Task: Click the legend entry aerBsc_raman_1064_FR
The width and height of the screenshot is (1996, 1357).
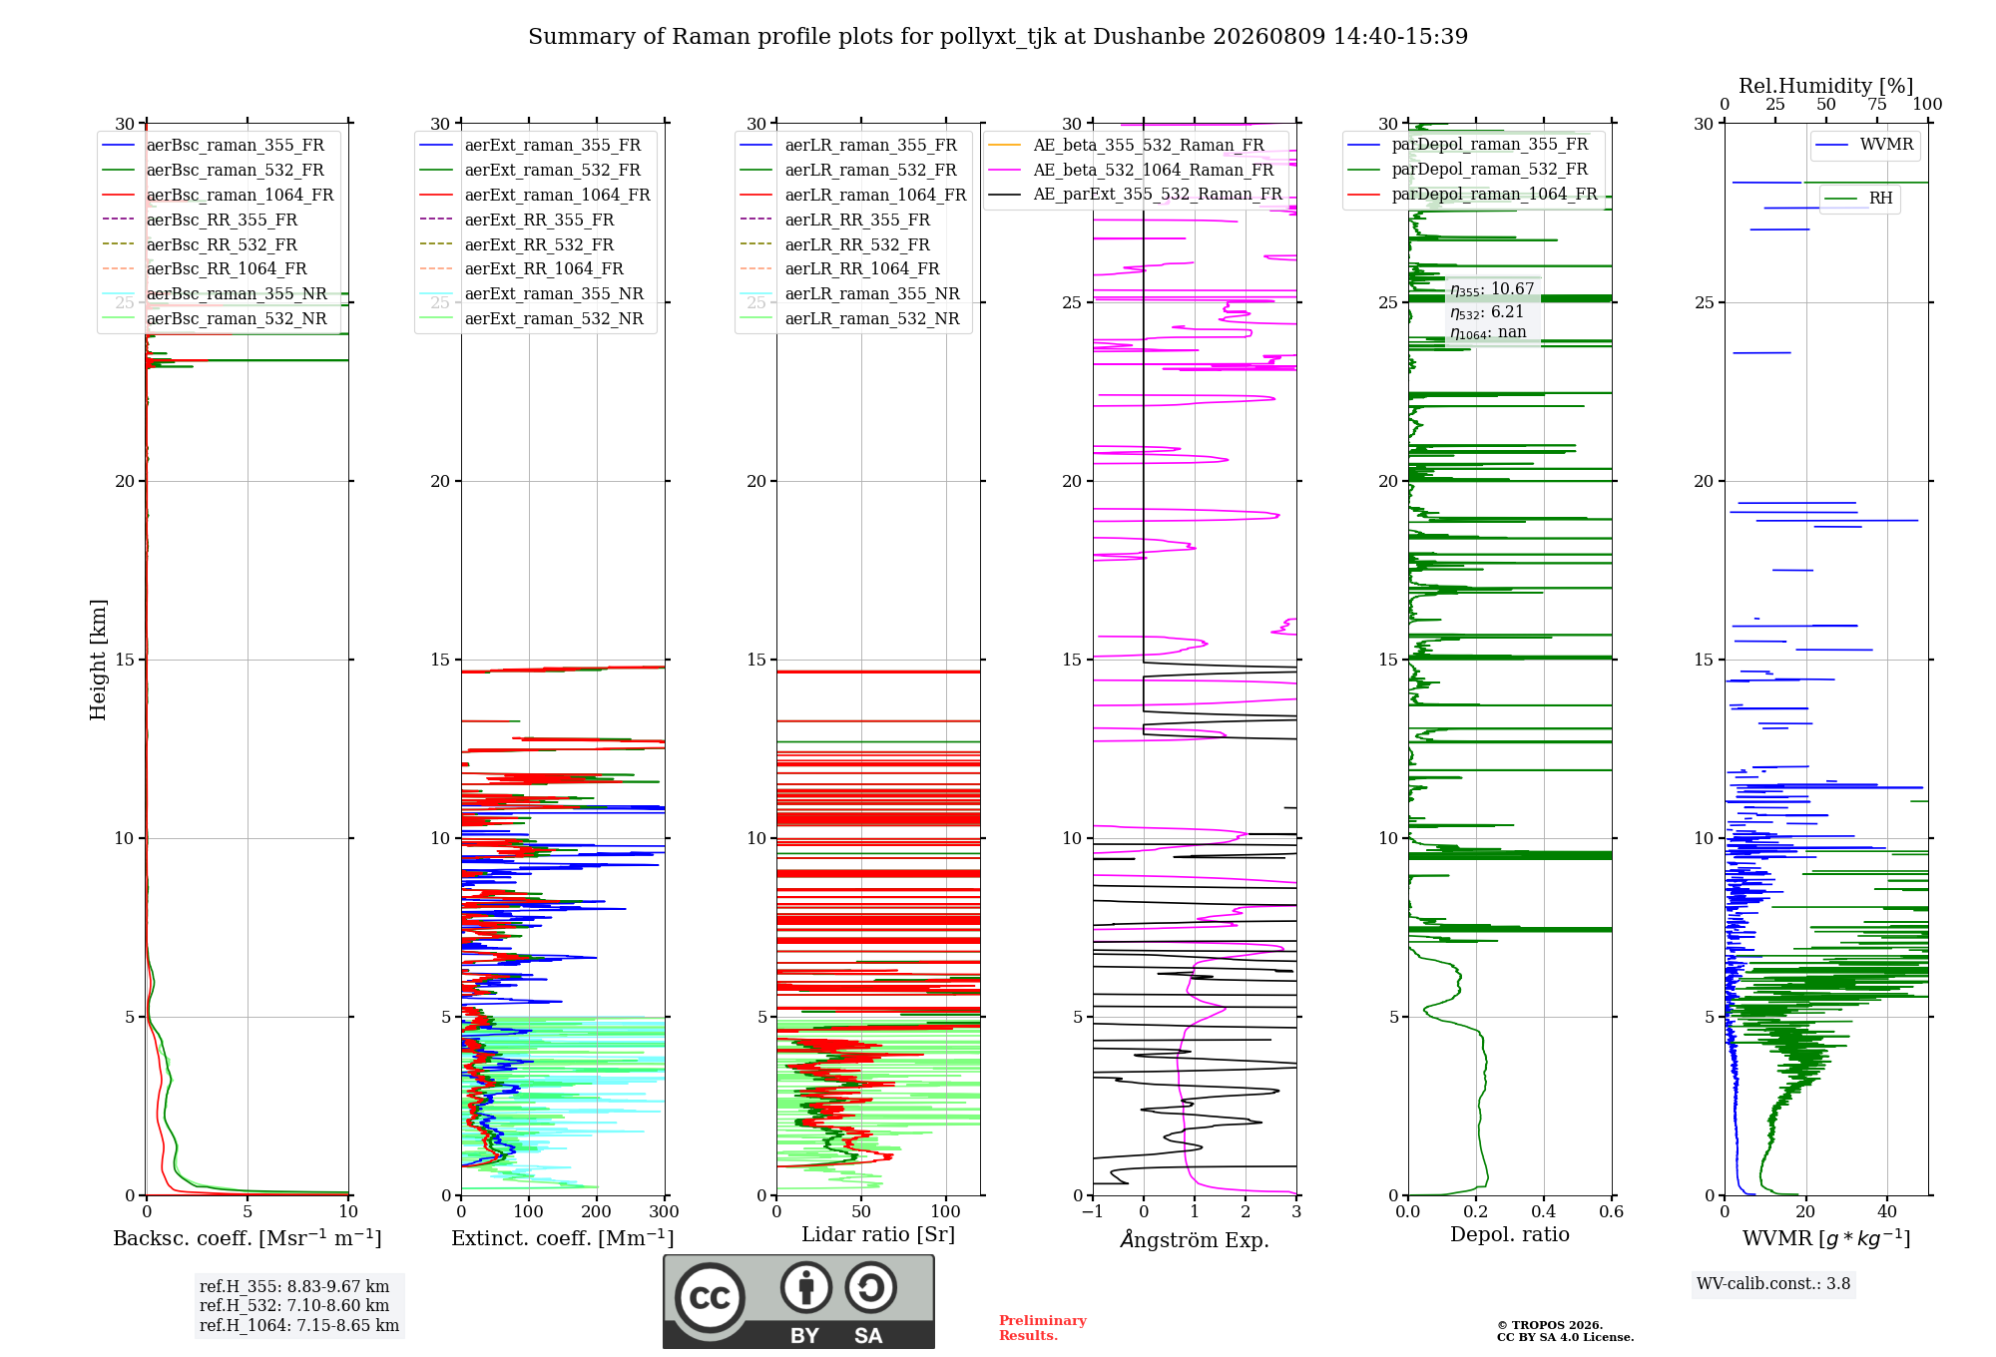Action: [x=218, y=195]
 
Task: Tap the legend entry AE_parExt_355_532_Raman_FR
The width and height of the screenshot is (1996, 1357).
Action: [x=1135, y=194]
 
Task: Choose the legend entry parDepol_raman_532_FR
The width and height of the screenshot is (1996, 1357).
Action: [x=1467, y=170]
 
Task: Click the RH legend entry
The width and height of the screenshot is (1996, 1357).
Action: [x=1858, y=199]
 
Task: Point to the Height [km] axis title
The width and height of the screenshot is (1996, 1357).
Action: [x=98, y=660]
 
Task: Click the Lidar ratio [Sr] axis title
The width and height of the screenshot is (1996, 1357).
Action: [x=878, y=1234]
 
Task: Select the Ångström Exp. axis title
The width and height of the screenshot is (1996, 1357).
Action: [x=1195, y=1238]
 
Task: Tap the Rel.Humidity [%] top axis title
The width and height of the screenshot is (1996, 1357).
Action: [x=1826, y=86]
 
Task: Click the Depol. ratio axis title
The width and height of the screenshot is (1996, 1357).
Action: [x=1510, y=1234]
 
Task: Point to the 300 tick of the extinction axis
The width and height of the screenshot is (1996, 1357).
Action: [x=665, y=1211]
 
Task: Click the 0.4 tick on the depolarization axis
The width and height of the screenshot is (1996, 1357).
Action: [x=1544, y=1211]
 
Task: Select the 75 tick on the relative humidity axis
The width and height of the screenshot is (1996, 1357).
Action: [x=1877, y=105]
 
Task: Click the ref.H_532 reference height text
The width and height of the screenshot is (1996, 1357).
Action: [x=294, y=1305]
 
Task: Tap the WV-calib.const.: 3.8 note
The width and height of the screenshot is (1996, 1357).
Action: [x=1773, y=1283]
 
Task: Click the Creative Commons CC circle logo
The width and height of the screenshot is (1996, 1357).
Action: [x=710, y=1298]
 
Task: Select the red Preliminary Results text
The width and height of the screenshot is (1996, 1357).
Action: [x=1043, y=1328]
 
